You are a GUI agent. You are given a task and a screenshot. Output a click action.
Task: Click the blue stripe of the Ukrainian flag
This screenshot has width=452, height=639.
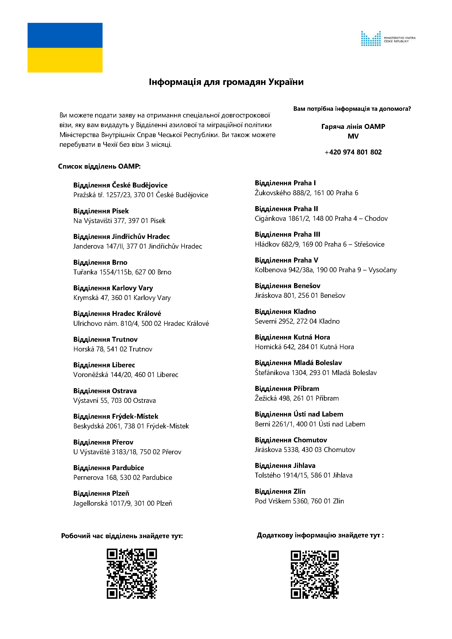65,35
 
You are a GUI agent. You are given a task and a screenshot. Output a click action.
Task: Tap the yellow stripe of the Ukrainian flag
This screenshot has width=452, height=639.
65,60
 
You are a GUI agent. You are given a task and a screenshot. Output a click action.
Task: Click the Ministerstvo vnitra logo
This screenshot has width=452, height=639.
388,39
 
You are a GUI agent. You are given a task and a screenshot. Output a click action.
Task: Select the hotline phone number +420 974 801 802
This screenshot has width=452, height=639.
353,152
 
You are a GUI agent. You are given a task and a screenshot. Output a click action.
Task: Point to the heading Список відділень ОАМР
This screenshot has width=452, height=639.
99,166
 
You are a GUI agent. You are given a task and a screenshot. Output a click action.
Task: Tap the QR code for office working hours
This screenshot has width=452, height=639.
132,574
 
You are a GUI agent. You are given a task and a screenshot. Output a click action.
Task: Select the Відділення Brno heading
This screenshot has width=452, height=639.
100,263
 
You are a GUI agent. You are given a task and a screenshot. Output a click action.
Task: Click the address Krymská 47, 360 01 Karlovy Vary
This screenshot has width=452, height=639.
122,298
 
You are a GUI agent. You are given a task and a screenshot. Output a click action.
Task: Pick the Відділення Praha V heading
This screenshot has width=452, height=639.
286,260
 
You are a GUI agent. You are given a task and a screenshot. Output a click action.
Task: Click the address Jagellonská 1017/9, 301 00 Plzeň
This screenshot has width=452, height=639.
123,503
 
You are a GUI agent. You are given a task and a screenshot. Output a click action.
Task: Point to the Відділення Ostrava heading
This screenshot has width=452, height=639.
105,391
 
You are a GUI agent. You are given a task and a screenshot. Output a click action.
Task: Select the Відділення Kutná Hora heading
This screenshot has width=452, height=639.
292,337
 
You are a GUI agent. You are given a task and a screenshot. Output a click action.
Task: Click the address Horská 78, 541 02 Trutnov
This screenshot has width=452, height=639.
113,349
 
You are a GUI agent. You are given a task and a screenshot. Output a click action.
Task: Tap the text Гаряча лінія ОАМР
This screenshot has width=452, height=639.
353,127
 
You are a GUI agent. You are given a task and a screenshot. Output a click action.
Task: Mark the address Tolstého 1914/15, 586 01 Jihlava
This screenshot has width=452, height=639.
303,475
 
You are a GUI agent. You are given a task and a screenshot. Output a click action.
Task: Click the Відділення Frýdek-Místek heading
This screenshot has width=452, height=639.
116,416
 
